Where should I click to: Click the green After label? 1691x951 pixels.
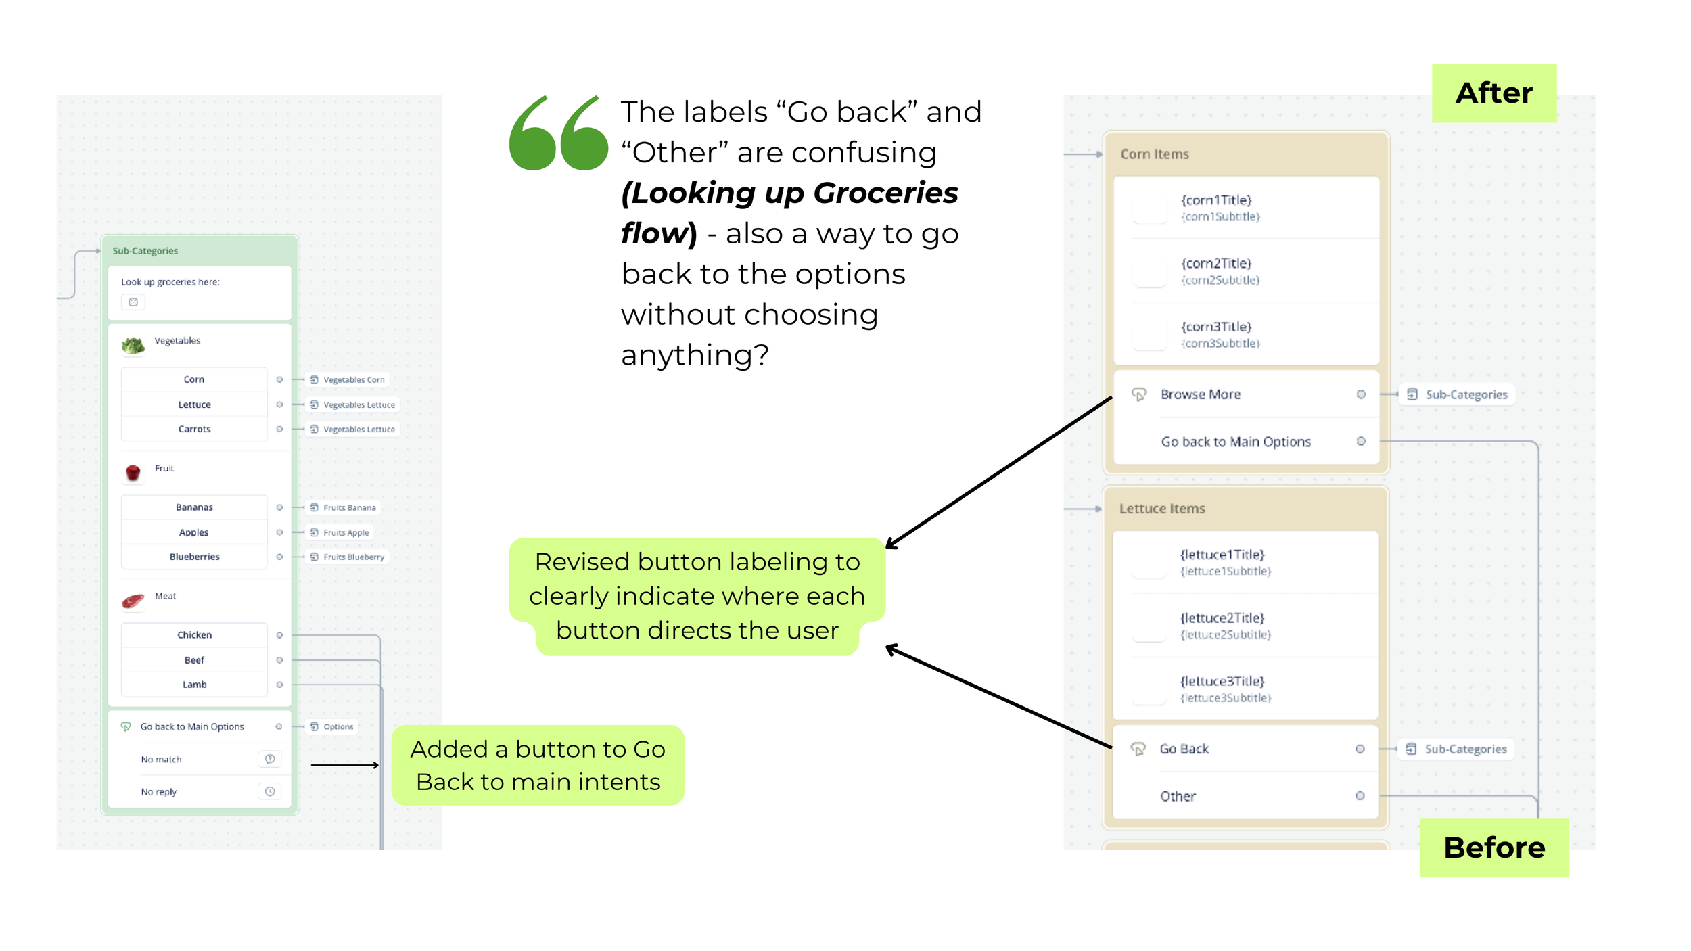pyautogui.click(x=1493, y=93)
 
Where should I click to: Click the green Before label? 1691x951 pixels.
pyautogui.click(x=1493, y=848)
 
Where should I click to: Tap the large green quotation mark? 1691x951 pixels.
pyautogui.click(x=558, y=133)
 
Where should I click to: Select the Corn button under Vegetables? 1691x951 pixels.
pyautogui.click(x=194, y=379)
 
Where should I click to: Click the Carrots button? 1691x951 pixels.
pyautogui.click(x=194, y=429)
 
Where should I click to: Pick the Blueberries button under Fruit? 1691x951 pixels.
pyautogui.click(x=194, y=557)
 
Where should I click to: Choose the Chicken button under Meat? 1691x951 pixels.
pyautogui.click(x=194, y=634)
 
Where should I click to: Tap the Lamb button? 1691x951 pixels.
pyautogui.click(x=194, y=685)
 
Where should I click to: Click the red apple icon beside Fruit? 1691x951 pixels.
pyautogui.click(x=133, y=471)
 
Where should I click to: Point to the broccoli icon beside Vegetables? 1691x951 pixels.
pyautogui.click(x=133, y=345)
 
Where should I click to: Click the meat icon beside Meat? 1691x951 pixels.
pyautogui.click(x=133, y=600)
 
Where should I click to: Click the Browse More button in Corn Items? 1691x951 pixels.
pyautogui.click(x=1200, y=394)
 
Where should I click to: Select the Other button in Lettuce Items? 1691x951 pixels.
pyautogui.click(x=1178, y=796)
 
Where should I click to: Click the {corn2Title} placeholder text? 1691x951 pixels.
pyautogui.click(x=1216, y=263)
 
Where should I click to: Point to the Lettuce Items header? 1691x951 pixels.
pyautogui.click(x=1162, y=509)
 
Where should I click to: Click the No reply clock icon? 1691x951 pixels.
pyautogui.click(x=270, y=791)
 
